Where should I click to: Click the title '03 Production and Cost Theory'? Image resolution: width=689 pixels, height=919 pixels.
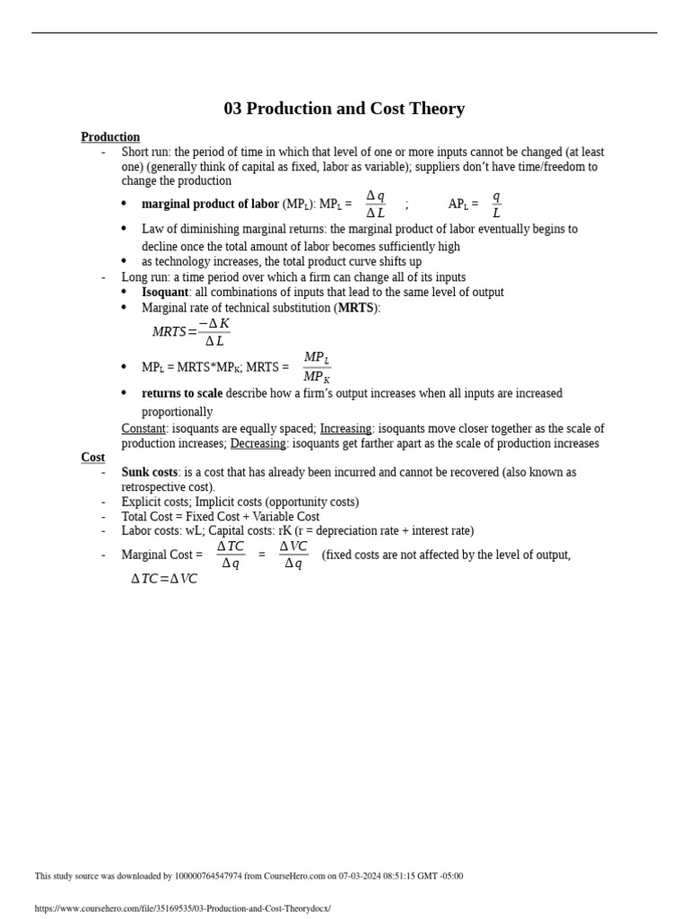coord(344,109)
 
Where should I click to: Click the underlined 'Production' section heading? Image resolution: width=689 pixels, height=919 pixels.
coord(110,137)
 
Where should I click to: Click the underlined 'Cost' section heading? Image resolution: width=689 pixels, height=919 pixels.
coord(92,458)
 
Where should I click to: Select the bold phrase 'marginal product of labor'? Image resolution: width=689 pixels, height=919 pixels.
coord(210,205)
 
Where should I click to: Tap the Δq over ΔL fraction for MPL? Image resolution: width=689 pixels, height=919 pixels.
coord(375,205)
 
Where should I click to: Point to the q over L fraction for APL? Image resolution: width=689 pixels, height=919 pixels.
coord(496,205)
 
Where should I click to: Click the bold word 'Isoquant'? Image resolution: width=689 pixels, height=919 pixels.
coord(165,293)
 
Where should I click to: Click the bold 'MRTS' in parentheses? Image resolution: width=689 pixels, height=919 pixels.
coord(355,308)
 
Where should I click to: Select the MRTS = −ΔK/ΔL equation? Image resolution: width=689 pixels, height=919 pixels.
coord(190,332)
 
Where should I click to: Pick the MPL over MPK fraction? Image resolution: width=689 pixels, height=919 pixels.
coord(316,367)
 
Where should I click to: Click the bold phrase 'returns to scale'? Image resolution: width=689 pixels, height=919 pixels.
coord(182,394)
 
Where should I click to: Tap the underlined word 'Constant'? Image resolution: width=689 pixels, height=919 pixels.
coord(144,429)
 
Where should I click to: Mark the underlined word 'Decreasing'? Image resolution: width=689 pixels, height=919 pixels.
coord(257,443)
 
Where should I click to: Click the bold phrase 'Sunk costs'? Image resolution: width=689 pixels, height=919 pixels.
coord(149,472)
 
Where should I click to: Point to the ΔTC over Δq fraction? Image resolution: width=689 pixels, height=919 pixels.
coord(231,555)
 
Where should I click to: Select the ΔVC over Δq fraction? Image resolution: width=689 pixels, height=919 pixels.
coord(293,555)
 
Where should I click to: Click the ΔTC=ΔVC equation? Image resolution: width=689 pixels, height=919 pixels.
coord(164,579)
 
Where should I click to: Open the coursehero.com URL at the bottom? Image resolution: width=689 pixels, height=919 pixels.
coord(182,908)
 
